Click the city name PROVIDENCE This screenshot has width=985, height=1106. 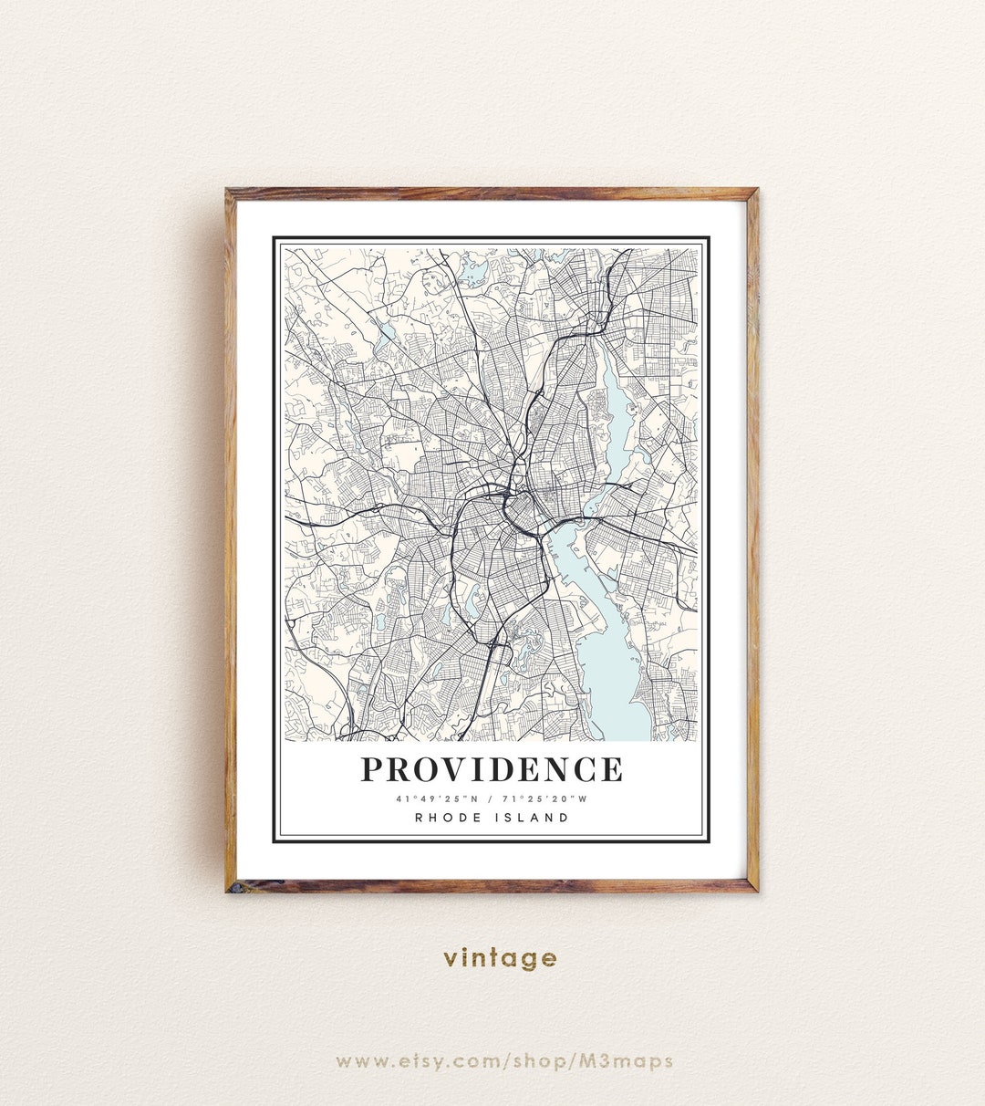pos(492,769)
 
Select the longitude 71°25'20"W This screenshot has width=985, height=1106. pos(546,799)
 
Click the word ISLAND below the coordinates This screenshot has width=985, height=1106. pos(532,818)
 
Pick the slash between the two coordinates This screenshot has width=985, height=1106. pos(491,799)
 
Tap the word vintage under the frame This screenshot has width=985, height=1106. pos(500,957)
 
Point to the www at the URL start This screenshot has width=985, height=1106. pos(362,1061)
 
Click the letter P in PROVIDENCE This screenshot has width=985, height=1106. pos(371,769)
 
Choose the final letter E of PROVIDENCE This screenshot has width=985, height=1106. pos(612,769)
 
